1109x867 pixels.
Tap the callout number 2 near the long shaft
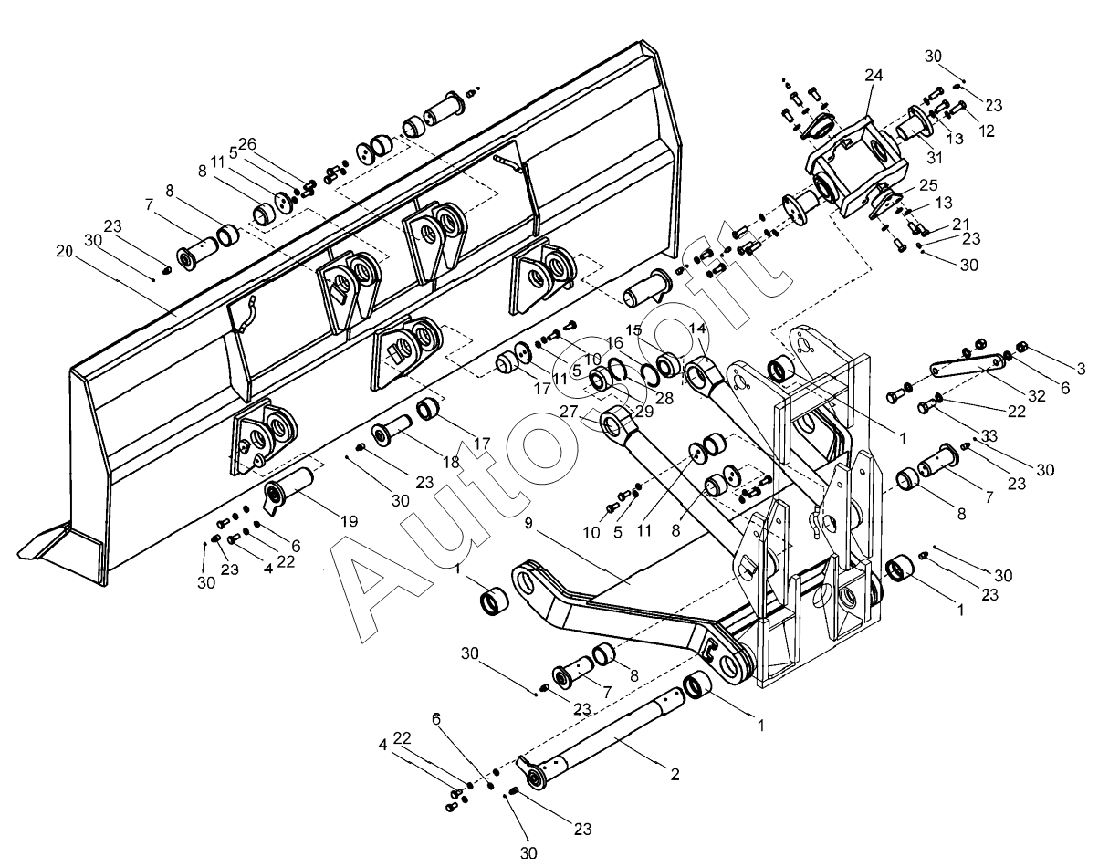click(675, 775)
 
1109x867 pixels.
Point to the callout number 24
click(874, 75)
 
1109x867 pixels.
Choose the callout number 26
click(248, 144)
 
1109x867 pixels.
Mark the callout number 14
click(697, 329)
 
